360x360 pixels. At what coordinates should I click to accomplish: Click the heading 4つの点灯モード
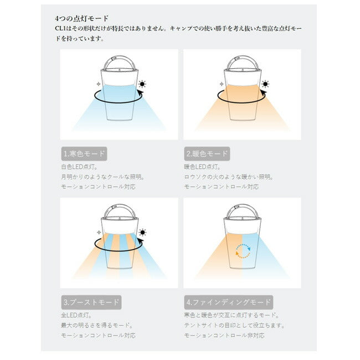pyautogui.click(x=81, y=19)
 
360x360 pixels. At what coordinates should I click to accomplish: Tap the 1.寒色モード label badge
pyautogui.click(x=84, y=154)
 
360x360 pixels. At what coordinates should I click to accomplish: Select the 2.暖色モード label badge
pyautogui.click(x=207, y=154)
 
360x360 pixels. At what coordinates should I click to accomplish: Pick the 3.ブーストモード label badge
pyautogui.click(x=91, y=302)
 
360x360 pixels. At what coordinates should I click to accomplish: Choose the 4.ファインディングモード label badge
pyautogui.click(x=228, y=302)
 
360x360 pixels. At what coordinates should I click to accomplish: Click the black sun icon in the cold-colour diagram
pyautogui.click(x=142, y=84)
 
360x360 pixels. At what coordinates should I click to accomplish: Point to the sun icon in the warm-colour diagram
pyautogui.click(x=265, y=84)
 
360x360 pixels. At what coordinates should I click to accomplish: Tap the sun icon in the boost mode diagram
pyautogui.click(x=142, y=233)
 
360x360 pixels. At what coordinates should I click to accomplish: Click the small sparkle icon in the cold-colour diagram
pyautogui.click(x=99, y=84)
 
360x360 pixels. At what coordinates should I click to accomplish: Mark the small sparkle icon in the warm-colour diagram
pyautogui.click(x=222, y=84)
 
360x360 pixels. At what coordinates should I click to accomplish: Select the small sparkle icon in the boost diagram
pyautogui.click(x=99, y=233)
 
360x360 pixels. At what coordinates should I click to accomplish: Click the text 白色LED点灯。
pyautogui.click(x=79, y=167)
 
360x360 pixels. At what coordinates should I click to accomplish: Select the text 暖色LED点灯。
pyautogui.click(x=203, y=167)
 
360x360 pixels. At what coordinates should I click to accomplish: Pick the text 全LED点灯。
pyautogui.click(x=76, y=315)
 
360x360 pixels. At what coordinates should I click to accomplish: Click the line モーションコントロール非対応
pyautogui.click(x=224, y=336)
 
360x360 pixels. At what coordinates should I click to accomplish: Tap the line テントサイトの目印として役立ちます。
pyautogui.click(x=234, y=325)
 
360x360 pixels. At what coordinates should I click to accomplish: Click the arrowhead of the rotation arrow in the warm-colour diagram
pyautogui.click(x=263, y=93)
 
